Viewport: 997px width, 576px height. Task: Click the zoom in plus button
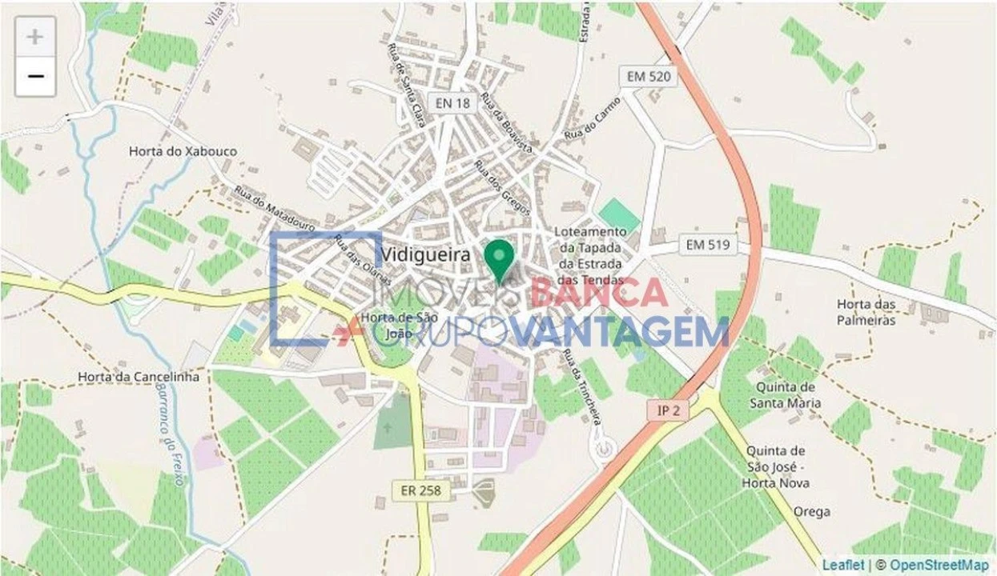[x=35, y=37]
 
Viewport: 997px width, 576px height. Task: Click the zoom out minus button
[x=35, y=77]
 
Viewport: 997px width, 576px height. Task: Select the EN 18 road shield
[x=454, y=103]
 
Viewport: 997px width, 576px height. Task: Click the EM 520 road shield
[x=649, y=77]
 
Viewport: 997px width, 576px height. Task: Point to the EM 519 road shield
[x=708, y=246]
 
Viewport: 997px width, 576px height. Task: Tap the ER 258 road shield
[x=421, y=490]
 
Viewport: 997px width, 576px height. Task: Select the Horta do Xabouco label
[x=183, y=151]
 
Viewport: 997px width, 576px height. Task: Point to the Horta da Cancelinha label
[x=139, y=376]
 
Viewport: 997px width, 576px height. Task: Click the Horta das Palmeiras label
[x=866, y=312]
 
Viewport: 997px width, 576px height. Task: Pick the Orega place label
[x=811, y=512]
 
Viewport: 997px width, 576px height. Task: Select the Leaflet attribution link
[x=843, y=565]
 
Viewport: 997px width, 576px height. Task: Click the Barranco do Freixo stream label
[x=171, y=432]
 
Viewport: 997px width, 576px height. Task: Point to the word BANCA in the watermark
[x=598, y=293]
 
